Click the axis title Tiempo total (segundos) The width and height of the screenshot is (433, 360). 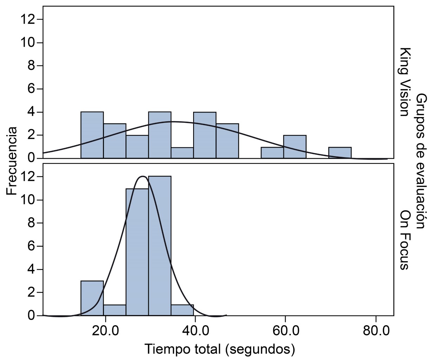click(219, 349)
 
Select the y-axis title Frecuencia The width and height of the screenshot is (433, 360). click(11, 161)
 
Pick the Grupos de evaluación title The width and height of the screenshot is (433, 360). click(421, 161)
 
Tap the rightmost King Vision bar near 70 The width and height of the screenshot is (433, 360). click(340, 153)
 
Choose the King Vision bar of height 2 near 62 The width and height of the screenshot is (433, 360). click(295, 147)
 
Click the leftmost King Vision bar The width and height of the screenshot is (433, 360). click(92, 135)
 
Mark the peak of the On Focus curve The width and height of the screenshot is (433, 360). click(143, 176)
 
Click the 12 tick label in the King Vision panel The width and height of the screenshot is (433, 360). click(28, 19)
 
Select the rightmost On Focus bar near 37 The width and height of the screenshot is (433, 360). click(182, 310)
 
